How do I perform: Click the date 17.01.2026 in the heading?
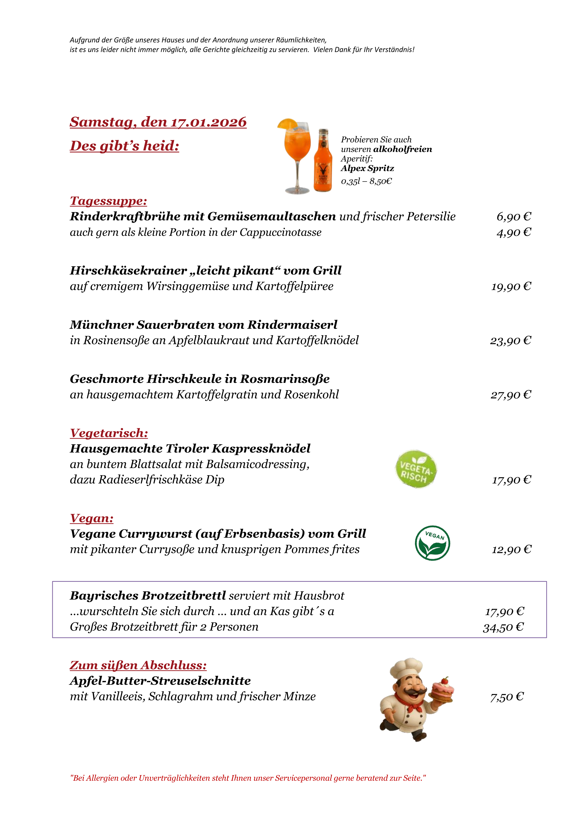[209, 122]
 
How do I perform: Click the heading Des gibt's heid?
[125, 146]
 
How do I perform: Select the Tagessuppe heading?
[108, 201]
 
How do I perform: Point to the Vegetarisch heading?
[109, 433]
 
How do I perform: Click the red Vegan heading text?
[92, 518]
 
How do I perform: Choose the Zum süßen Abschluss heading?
[138, 665]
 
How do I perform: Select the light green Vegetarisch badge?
[416, 469]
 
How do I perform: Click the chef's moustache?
[412, 693]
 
